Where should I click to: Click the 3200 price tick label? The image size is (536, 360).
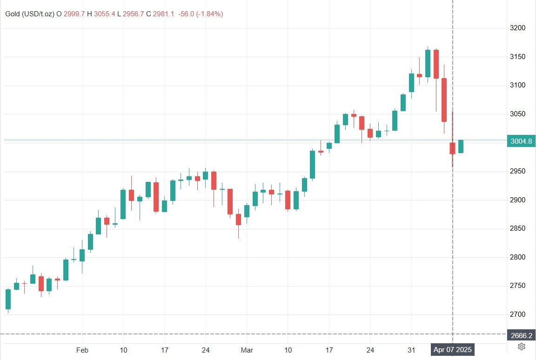(x=518, y=28)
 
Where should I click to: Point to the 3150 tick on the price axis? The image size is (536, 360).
(x=518, y=57)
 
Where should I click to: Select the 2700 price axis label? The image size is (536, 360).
(x=518, y=314)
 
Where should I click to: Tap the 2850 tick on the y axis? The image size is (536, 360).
(x=518, y=229)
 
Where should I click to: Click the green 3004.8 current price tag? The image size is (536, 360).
(x=521, y=142)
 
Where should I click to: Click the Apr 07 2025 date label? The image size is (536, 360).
(x=453, y=349)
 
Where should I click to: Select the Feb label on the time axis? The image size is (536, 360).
(x=82, y=349)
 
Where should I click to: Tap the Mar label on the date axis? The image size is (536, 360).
(x=247, y=349)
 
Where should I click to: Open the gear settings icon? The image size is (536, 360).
(x=522, y=347)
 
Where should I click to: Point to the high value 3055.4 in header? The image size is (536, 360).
(x=105, y=14)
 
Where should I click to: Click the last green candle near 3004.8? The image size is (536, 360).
(x=461, y=147)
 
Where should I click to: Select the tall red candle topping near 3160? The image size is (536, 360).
(x=436, y=64)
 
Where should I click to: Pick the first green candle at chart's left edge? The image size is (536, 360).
(x=8, y=299)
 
